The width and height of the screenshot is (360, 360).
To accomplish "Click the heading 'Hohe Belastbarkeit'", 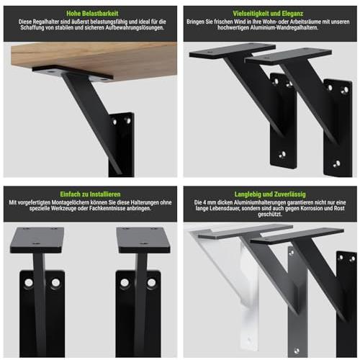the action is [x=92, y=14].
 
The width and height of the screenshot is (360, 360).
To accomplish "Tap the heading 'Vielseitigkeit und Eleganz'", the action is [x=268, y=14].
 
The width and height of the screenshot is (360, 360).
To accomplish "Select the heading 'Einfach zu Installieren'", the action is [x=90, y=194].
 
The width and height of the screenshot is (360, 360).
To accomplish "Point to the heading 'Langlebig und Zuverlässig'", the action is [x=270, y=194].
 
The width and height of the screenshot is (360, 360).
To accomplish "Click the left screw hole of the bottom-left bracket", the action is [x=29, y=282].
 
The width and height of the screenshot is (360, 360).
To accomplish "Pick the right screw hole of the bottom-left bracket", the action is [x=55, y=282].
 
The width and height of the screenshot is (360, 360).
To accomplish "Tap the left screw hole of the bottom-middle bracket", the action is [x=125, y=283].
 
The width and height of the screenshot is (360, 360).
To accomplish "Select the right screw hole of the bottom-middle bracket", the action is [x=151, y=283].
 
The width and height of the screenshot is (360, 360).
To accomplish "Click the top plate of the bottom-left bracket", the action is [x=37, y=240].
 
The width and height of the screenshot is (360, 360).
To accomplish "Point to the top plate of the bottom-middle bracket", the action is [x=143, y=240].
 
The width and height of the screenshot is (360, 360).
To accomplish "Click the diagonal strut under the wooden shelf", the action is [x=92, y=122].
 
